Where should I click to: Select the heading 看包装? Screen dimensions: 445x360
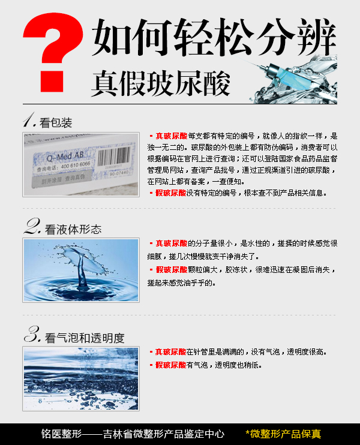pyautogui.click(x=56, y=124)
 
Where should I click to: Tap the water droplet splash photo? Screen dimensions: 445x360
pyautogui.click(x=80, y=269)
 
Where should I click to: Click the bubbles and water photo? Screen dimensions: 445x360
pyautogui.click(x=80, y=378)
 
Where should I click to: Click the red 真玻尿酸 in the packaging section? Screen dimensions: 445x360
pyautogui.click(x=171, y=136)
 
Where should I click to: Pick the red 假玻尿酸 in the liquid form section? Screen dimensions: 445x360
pyautogui.click(x=171, y=270)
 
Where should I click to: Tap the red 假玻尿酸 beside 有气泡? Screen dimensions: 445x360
pyautogui.click(x=171, y=365)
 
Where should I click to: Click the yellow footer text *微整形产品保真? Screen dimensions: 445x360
pyautogui.click(x=283, y=434)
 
